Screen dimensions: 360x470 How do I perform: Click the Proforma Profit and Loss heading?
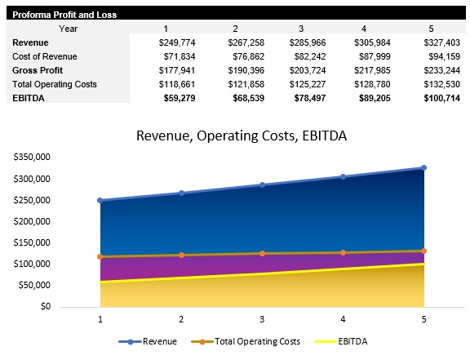(64, 15)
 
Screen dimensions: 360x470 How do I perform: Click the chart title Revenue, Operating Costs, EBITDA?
(241, 136)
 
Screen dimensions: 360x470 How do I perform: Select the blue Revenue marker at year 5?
(423, 168)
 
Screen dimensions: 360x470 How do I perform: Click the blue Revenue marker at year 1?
(100, 200)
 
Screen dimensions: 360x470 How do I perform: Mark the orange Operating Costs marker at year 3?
(262, 254)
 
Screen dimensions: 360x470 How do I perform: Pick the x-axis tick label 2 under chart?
(181, 319)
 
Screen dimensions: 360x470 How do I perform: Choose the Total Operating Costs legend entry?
(247, 341)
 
